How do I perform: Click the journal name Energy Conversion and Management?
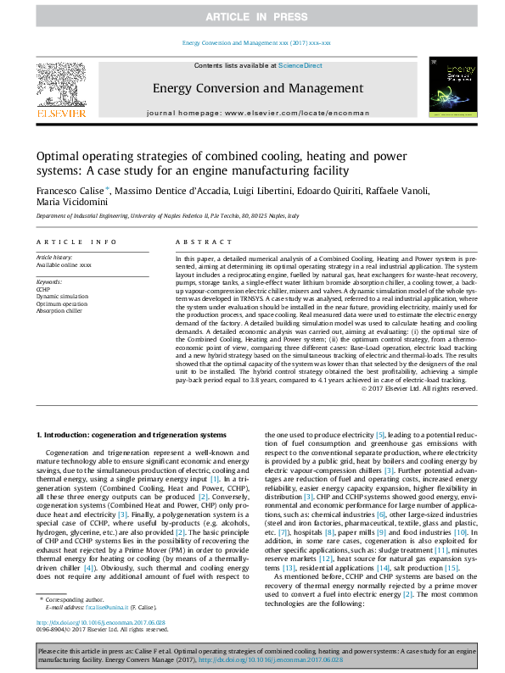click(251, 87)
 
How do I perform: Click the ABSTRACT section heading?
click(199, 242)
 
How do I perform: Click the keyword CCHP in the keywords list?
click(43, 289)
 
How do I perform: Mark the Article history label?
click(54, 256)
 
